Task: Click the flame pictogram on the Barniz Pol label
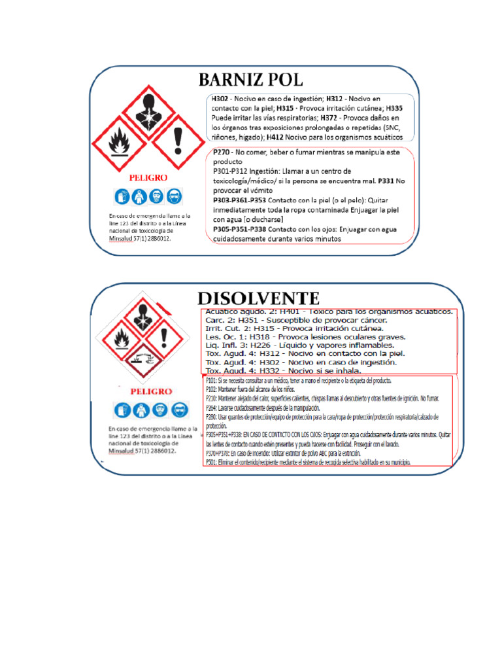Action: [x=118, y=144]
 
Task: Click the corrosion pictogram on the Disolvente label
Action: [x=142, y=360]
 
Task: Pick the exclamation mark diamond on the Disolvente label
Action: [x=164, y=338]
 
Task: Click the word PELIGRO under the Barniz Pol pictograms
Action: [x=148, y=177]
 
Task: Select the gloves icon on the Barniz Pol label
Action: [x=122, y=196]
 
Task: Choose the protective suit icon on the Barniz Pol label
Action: [x=139, y=196]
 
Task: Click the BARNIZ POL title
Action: [x=251, y=80]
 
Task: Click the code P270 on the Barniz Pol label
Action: [x=223, y=151]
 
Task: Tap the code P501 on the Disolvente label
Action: [x=210, y=461]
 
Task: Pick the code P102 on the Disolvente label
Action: [x=210, y=389]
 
